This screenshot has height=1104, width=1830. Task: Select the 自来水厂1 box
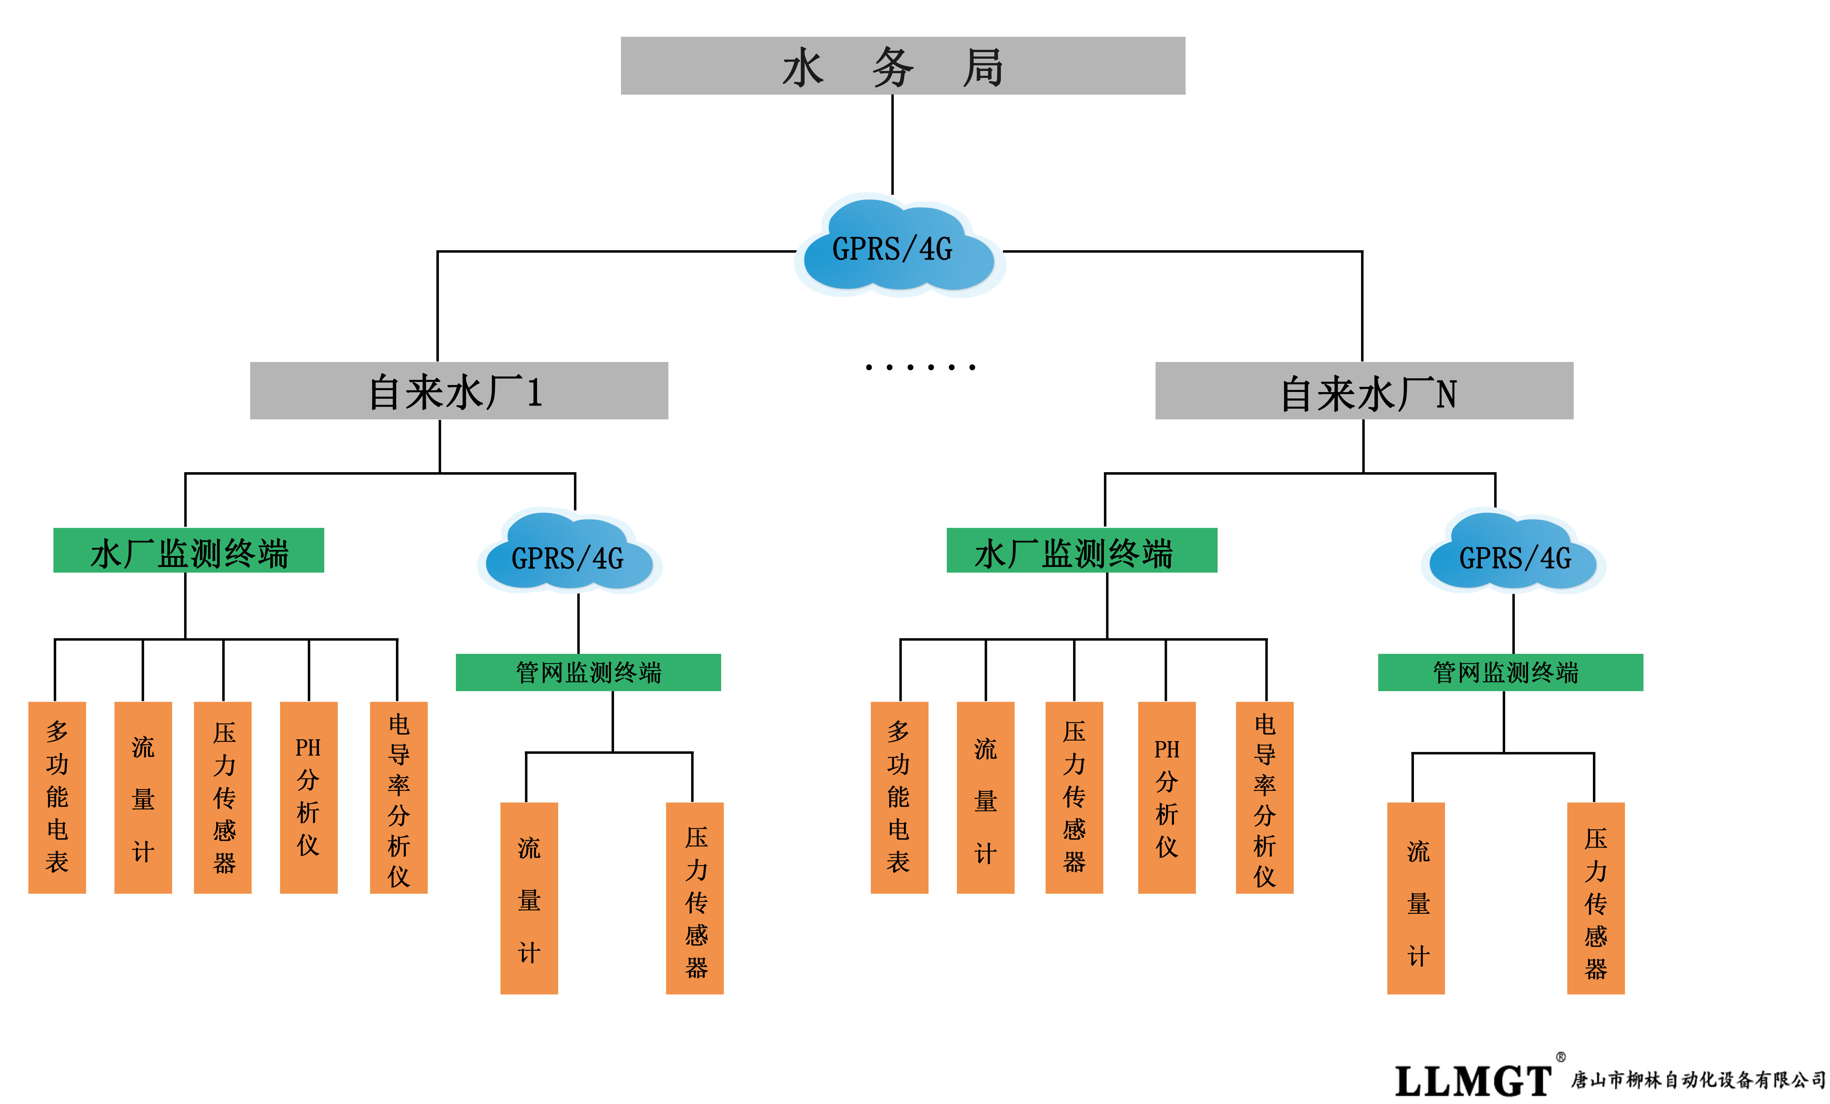(x=458, y=391)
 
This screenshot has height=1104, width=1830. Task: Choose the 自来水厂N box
(x=1364, y=391)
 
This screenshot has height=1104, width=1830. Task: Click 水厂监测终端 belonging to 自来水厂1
(x=189, y=550)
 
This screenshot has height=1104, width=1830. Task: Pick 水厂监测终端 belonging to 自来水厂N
(x=1081, y=550)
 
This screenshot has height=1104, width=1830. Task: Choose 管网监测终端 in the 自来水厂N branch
(x=1510, y=672)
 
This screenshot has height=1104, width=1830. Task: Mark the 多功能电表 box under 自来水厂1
(x=57, y=797)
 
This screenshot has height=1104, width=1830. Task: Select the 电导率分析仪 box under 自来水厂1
(x=399, y=797)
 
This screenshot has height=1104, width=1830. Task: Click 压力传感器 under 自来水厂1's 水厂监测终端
(x=223, y=797)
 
